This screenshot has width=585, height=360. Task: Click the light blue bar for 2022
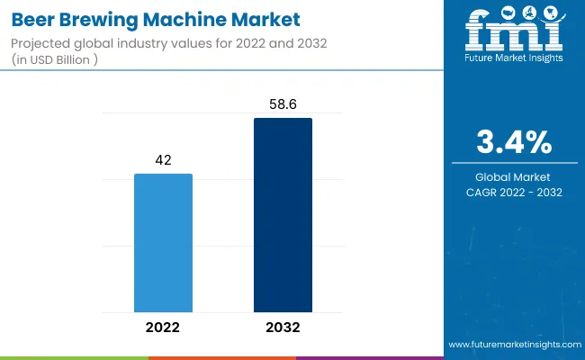(x=163, y=243)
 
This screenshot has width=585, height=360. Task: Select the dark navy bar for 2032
(x=283, y=215)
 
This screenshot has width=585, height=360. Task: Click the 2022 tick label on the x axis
(x=163, y=327)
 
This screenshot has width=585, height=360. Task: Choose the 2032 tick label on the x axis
(x=283, y=327)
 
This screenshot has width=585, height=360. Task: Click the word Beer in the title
(x=33, y=18)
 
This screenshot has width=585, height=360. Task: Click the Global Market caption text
(x=515, y=176)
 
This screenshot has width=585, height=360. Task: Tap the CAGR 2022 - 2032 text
(x=515, y=192)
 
